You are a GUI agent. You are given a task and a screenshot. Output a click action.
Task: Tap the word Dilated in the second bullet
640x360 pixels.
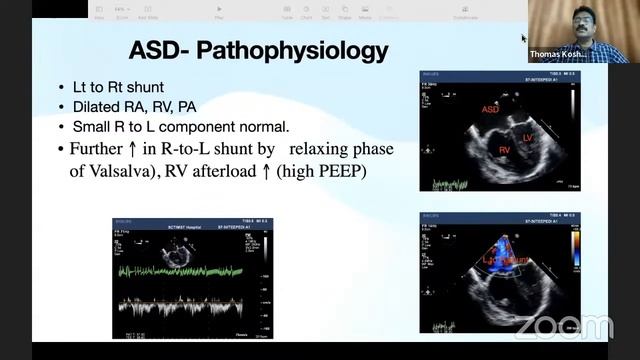(x=96, y=109)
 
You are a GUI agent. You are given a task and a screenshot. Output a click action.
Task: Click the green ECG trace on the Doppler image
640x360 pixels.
(x=190, y=270)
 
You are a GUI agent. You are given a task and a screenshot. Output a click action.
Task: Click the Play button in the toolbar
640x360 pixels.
(x=219, y=10)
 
